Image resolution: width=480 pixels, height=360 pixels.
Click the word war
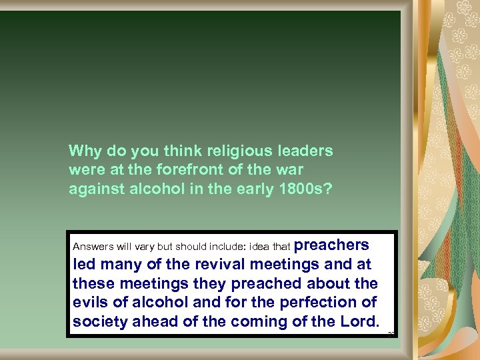pyautogui.click(x=287, y=170)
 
